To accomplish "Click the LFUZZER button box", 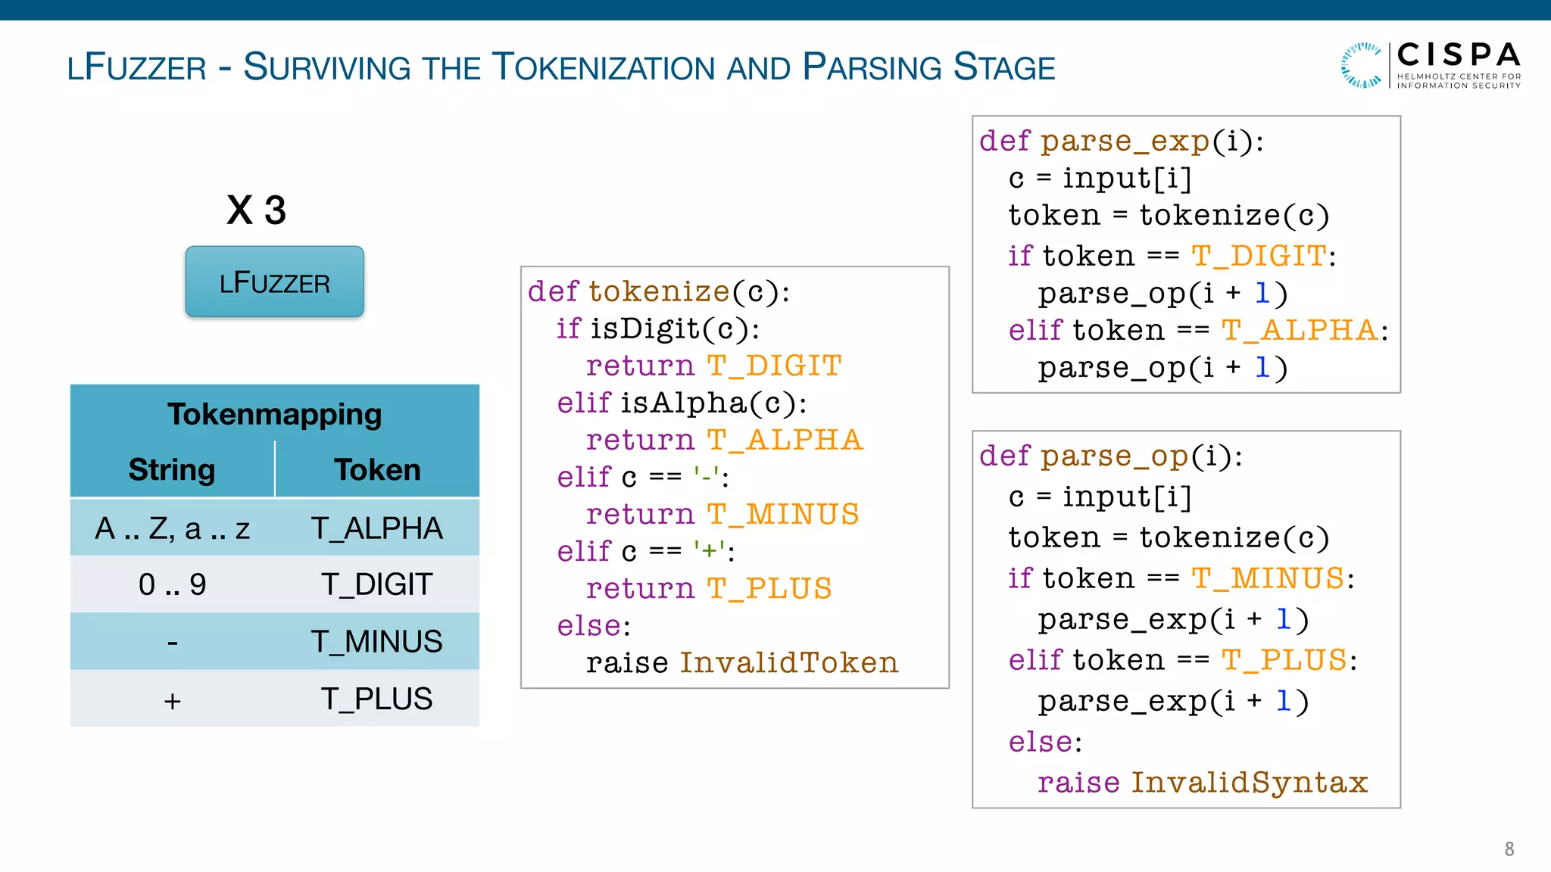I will tap(274, 282).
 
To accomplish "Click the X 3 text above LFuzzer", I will tap(256, 210).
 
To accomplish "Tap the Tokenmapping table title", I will tap(274, 414).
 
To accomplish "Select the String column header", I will tap(172, 469).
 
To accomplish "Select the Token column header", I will tap(377, 469).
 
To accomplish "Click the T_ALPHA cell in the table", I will tap(376, 528).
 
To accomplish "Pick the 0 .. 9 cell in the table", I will tap(172, 584).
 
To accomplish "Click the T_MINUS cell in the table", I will tap(376, 642).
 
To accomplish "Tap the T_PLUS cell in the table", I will tap(376, 699).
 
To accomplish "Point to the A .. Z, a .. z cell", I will tap(172, 528).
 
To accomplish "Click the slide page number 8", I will tap(1509, 849).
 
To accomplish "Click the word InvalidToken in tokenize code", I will tap(788, 663).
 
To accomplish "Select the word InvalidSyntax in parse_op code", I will tap(1249, 783).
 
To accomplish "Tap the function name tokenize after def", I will tap(659, 291).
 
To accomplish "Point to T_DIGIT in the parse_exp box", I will tap(1259, 256).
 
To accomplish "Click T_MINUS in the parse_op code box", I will tap(1268, 578).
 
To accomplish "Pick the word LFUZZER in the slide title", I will tap(136, 68).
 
